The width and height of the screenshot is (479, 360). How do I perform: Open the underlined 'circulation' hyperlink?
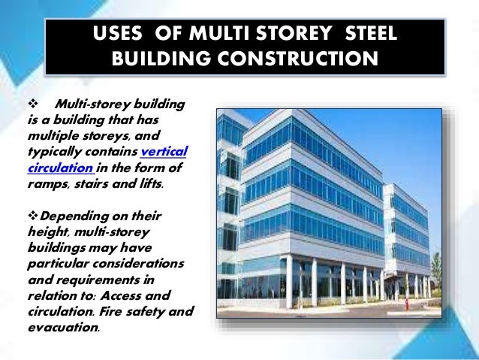(x=50, y=168)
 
